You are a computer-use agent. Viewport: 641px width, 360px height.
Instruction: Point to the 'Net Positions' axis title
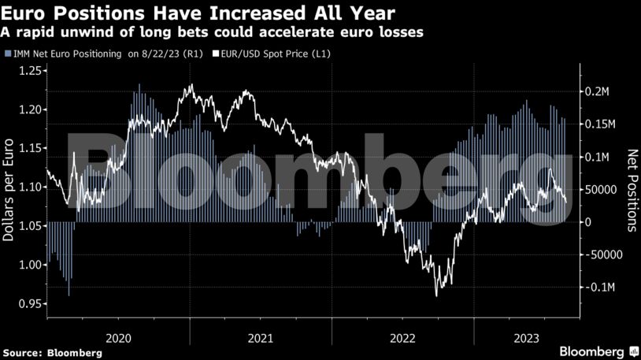[631, 189]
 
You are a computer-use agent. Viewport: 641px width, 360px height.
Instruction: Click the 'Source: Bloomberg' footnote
[52, 352]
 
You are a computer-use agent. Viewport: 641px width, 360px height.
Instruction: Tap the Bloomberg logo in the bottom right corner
[598, 350]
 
